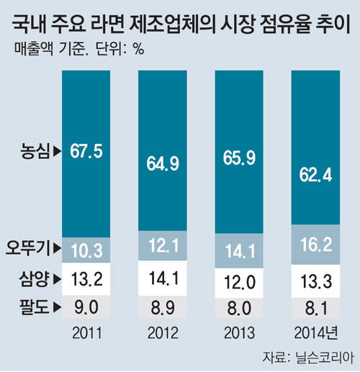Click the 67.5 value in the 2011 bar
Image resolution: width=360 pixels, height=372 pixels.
coord(86,151)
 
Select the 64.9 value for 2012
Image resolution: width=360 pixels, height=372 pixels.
coord(163,164)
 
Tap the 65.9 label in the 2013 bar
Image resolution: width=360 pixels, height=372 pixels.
coord(239,158)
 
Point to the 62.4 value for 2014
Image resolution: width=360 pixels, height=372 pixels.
coord(315,175)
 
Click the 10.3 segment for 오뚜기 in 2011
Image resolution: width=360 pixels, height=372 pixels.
coord(86,250)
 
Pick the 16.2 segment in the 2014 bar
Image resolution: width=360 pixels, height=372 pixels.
coord(315,245)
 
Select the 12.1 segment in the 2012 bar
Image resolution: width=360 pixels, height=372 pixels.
coord(163,245)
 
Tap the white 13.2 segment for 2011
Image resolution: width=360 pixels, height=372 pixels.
coord(86,279)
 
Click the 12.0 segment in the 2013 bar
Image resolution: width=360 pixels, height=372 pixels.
coord(239,283)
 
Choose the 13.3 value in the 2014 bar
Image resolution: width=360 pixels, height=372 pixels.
coord(316,281)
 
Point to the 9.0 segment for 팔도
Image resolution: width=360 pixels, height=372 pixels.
coord(86,307)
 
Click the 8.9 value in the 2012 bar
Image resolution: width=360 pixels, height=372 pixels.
coord(163,307)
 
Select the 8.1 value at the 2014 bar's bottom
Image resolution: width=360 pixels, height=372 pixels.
coord(316,308)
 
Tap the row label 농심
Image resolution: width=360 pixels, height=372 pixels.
coord(35,151)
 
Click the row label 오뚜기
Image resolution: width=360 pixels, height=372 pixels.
coord(28,248)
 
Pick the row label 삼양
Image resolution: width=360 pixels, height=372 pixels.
coord(34,278)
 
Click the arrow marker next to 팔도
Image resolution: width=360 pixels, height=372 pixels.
coord(57,307)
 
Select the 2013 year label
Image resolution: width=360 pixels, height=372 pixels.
coord(239,333)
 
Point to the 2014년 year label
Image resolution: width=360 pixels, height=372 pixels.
coord(316,333)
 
